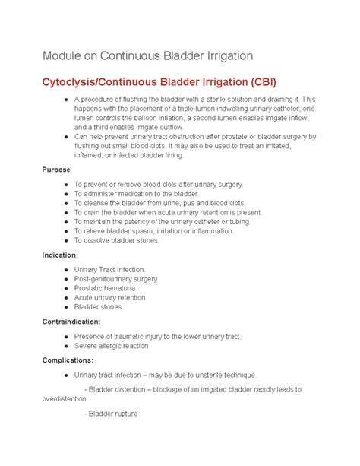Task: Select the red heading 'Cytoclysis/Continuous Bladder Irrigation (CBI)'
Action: [x=160, y=82]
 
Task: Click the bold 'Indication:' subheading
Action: [x=62, y=255]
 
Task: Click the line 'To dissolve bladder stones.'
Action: [x=116, y=240]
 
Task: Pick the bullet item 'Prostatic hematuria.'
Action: [x=106, y=288]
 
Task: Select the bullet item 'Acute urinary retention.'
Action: [x=111, y=297]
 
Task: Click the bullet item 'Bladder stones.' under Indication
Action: [x=98, y=307]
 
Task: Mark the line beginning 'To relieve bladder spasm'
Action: [x=160, y=231]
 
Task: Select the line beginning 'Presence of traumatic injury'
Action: [x=157, y=336]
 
